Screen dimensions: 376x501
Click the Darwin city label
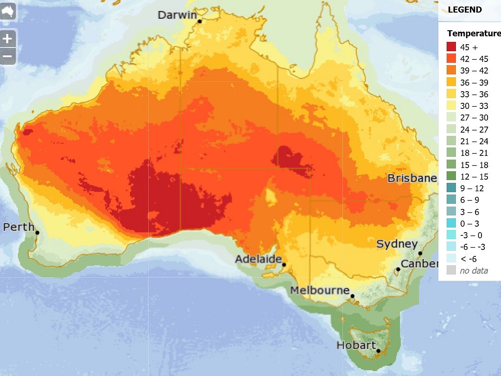pyautogui.click(x=177, y=15)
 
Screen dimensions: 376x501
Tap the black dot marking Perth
pyautogui.click(x=37, y=233)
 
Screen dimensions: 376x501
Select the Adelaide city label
pyautogui.click(x=258, y=259)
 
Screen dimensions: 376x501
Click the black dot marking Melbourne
pyautogui.click(x=353, y=296)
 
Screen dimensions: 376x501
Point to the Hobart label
pyautogui.click(x=356, y=345)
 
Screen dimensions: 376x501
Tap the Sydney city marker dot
pyautogui.click(x=420, y=254)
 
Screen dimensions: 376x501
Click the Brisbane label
pyautogui.click(x=412, y=178)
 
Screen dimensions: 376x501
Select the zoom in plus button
pyautogui.click(x=8, y=39)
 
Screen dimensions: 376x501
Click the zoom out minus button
pyautogui.click(x=8, y=56)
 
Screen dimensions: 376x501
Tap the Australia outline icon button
pyautogui.click(x=8, y=12)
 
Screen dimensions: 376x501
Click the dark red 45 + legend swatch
pyautogui.click(x=451, y=47)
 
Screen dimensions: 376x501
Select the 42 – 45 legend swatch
pyautogui.click(x=451, y=59)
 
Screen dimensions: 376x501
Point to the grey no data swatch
pyautogui.click(x=451, y=270)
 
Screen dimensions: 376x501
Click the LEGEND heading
pyautogui.click(x=465, y=10)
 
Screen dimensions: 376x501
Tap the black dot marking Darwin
pyautogui.click(x=199, y=21)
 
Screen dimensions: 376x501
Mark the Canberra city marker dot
pyautogui.click(x=398, y=269)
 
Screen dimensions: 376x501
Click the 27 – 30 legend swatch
pyautogui.click(x=451, y=118)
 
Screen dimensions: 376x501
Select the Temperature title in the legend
pyautogui.click(x=474, y=34)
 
